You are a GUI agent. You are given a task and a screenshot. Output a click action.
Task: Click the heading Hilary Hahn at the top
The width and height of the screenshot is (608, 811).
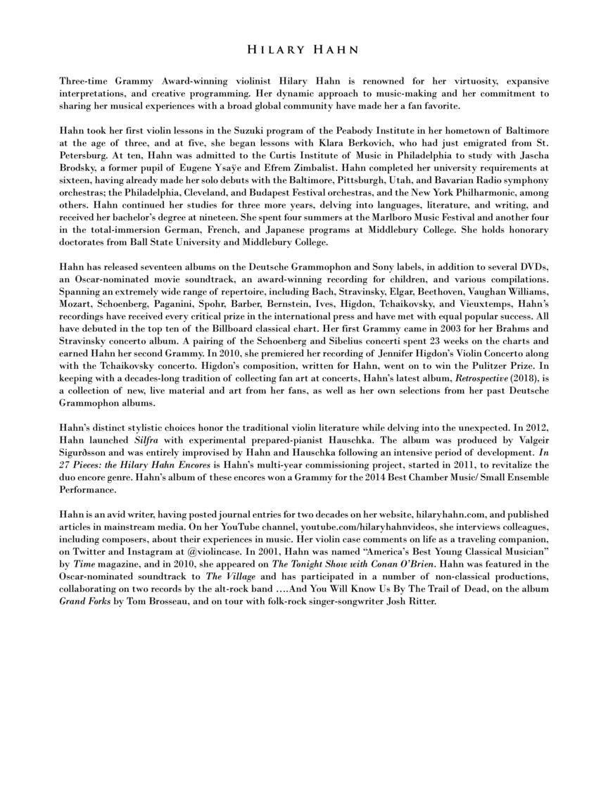pos(303,50)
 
